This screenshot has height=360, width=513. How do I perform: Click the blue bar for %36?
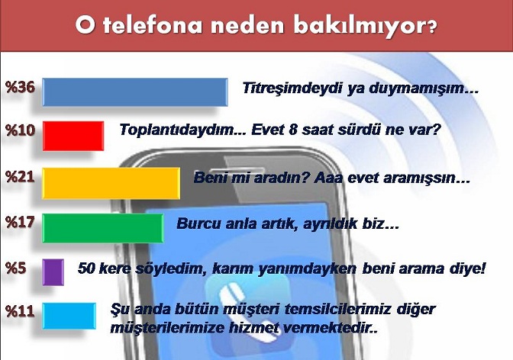135,92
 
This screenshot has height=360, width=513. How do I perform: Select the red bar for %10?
73,136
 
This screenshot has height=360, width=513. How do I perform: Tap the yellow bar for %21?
111,183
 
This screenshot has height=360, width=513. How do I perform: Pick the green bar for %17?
103,228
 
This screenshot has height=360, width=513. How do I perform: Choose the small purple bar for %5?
53,272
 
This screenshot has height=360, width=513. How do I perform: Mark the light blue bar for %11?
69,316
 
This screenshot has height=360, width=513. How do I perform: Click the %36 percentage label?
20,87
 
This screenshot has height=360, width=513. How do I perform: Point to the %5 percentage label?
16,268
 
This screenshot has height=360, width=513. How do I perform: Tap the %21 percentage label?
20,177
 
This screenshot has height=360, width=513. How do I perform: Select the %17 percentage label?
20,223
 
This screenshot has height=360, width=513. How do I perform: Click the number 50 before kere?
86,268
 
